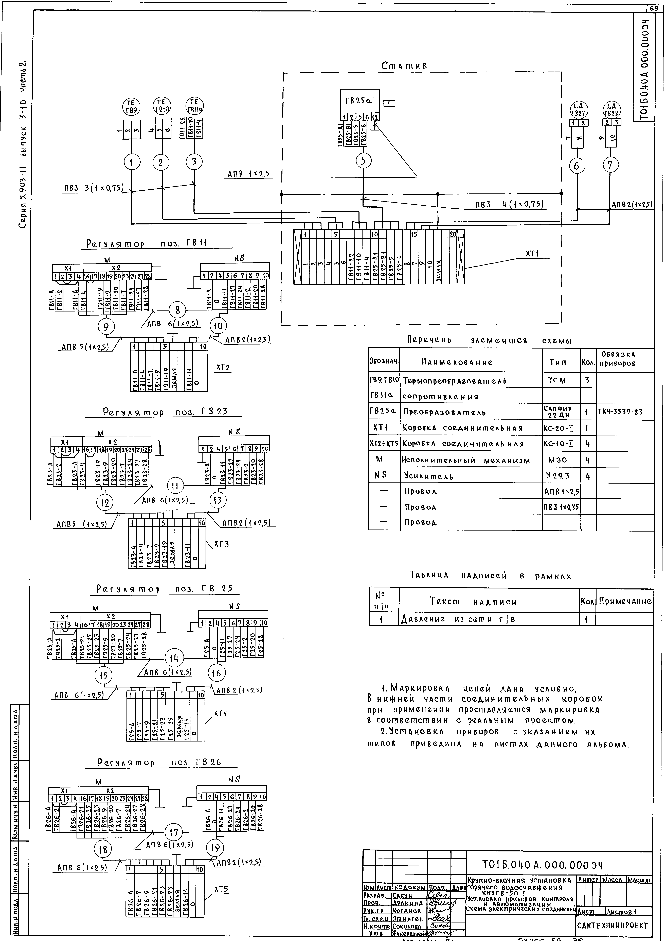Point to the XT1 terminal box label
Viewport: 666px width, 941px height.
pyautogui.click(x=532, y=254)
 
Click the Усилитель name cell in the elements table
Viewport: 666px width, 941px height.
pyautogui.click(x=429, y=476)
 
